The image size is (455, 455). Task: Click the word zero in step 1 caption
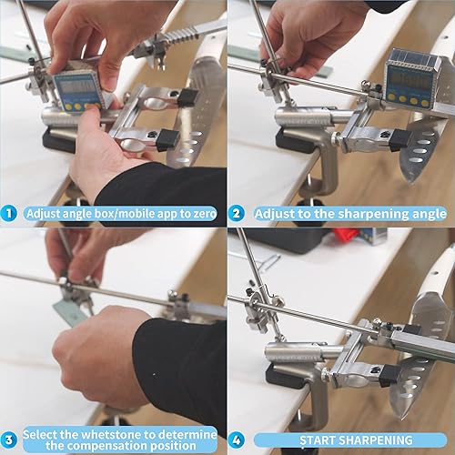197,214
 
